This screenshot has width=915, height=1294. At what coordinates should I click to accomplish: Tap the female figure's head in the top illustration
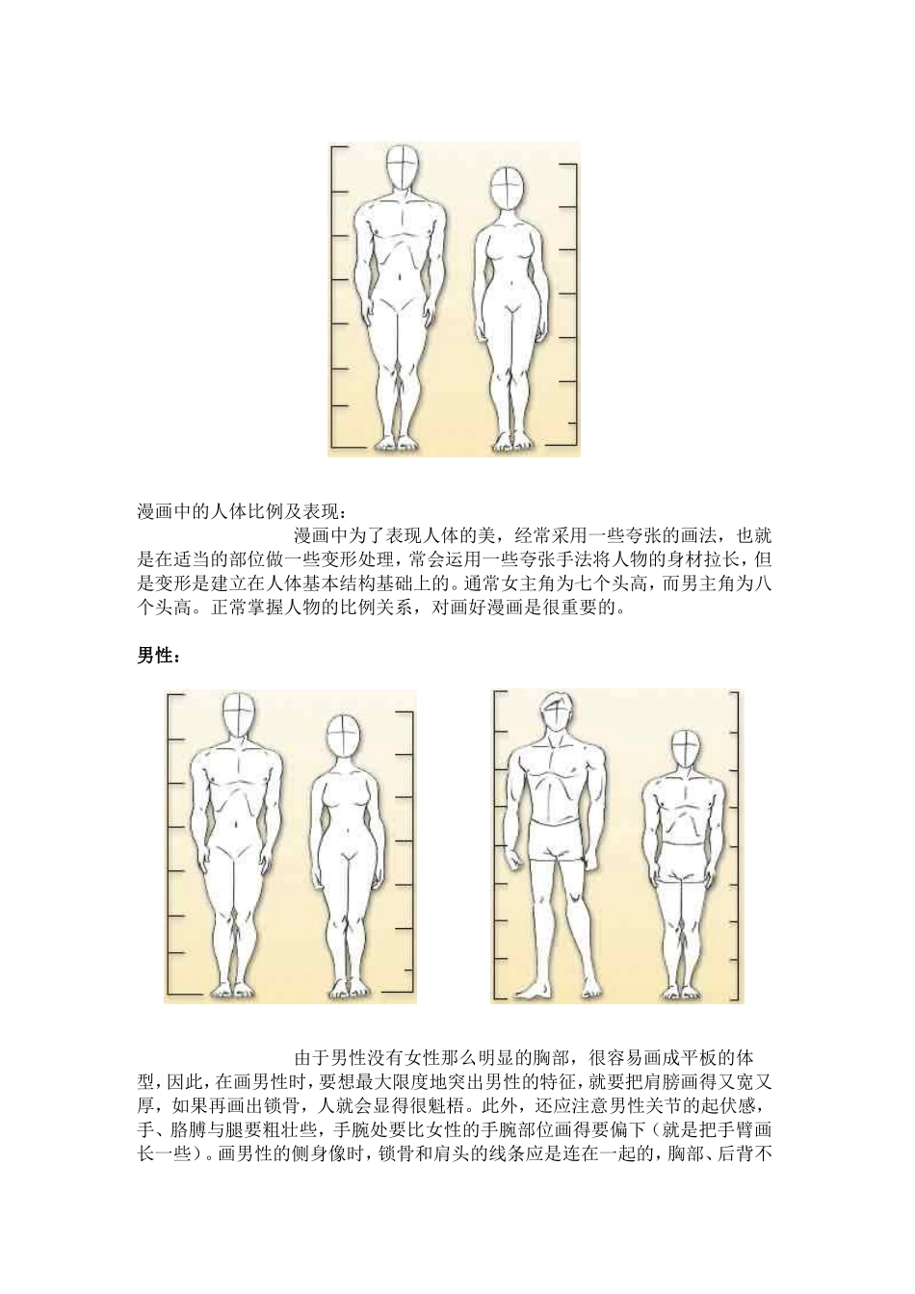point(504,189)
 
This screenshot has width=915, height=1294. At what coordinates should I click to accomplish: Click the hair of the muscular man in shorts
point(555,702)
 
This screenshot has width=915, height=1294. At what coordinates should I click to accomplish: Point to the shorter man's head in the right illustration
point(685,749)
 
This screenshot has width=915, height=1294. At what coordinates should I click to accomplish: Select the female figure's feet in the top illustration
point(504,443)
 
